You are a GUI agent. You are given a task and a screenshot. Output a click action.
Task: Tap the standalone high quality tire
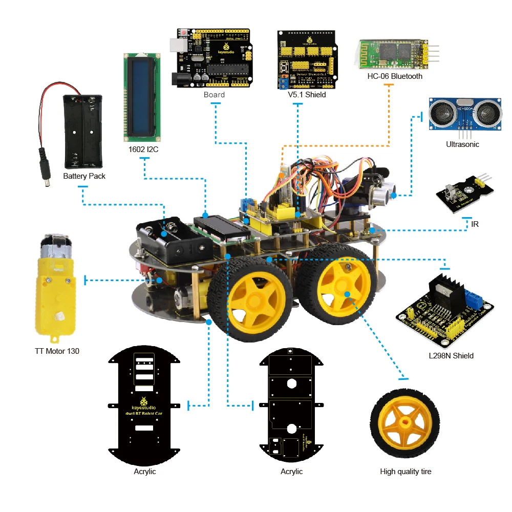[x=405, y=423]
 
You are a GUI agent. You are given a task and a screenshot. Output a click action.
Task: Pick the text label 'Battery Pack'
[x=84, y=176]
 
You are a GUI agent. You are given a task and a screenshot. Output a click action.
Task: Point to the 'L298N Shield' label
[x=451, y=355]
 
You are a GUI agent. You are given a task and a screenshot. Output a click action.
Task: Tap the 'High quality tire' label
[x=406, y=472]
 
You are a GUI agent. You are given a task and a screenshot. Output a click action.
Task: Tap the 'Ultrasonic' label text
[x=462, y=144]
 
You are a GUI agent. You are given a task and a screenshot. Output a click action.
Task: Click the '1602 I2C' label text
[x=144, y=151]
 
